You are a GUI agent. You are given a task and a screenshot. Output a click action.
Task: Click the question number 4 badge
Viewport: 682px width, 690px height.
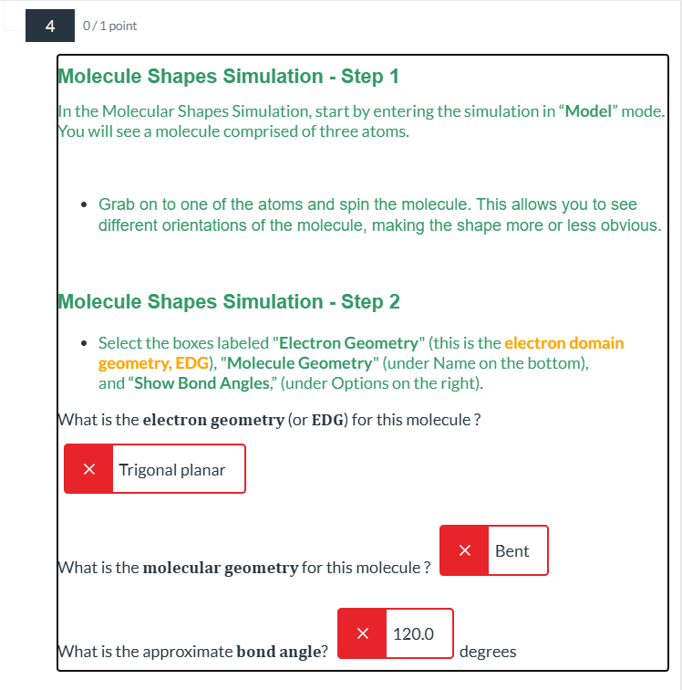click(50, 26)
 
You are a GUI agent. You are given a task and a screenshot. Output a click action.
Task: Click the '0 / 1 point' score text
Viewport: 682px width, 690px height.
click(109, 26)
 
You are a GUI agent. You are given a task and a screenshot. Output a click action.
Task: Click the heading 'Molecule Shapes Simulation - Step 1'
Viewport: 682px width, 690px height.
click(228, 77)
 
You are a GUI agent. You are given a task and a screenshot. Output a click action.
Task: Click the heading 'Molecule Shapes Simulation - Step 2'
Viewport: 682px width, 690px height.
click(228, 302)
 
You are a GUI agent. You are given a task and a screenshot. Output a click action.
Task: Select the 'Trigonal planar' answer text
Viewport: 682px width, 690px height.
click(172, 469)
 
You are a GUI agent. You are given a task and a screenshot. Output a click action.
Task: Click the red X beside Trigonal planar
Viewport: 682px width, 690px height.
click(88, 469)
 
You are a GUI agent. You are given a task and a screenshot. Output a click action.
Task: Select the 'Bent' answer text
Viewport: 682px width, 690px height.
click(512, 550)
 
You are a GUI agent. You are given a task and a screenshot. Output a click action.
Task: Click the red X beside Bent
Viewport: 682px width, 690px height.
click(464, 550)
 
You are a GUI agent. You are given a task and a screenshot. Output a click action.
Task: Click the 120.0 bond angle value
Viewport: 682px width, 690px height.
click(413, 633)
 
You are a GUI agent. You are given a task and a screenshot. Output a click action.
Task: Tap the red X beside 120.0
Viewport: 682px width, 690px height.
click(362, 633)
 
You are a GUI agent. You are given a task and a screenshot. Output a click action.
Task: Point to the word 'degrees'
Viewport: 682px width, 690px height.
click(488, 652)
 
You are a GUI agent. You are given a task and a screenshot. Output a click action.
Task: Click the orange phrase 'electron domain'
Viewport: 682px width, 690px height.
click(564, 343)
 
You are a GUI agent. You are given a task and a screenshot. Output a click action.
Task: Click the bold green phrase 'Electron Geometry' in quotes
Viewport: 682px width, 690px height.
click(348, 343)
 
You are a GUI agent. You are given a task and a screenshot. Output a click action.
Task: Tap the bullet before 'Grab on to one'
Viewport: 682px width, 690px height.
click(84, 204)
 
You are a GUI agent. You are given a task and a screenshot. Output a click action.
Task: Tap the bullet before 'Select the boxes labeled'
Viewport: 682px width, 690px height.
click(84, 344)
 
